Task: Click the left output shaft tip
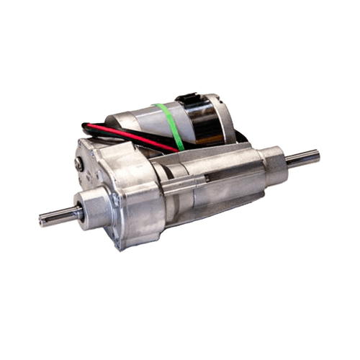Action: [43, 217]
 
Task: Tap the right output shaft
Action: [302, 158]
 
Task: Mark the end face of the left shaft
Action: [40, 217]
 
